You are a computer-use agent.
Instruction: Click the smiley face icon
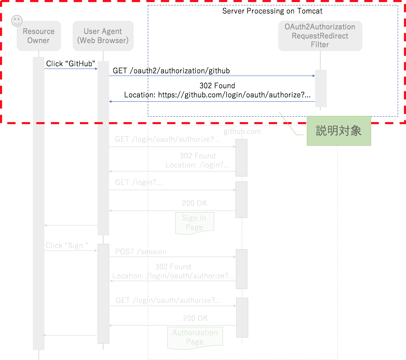pos(17,21)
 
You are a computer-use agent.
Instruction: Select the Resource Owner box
pos(39,36)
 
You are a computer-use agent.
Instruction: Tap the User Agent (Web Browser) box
pos(103,36)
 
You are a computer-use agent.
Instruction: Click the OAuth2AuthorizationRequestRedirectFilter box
pos(320,36)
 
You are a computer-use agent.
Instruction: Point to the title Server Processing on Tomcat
pos(272,11)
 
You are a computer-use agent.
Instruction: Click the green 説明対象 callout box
pos(339,131)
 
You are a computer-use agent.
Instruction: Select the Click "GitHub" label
pos(71,64)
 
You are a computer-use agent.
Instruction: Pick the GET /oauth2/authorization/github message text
pos(171,71)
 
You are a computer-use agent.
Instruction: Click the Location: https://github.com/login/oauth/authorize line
pos(217,95)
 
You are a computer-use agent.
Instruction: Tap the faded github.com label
pos(242,132)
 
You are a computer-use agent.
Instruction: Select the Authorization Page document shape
pos(195,338)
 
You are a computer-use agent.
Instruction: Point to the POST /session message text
pos(141,252)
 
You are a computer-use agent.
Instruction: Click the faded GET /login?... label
pos(139,183)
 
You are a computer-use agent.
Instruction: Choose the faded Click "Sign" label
pos(67,245)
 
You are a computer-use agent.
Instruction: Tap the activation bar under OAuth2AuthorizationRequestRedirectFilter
pos(321,88)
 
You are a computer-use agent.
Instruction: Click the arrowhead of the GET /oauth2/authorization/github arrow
pos(314,76)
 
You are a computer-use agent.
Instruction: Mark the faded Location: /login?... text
pos(197,165)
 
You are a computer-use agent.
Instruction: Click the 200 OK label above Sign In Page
pos(194,203)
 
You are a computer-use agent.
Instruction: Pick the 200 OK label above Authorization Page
pos(195,318)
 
